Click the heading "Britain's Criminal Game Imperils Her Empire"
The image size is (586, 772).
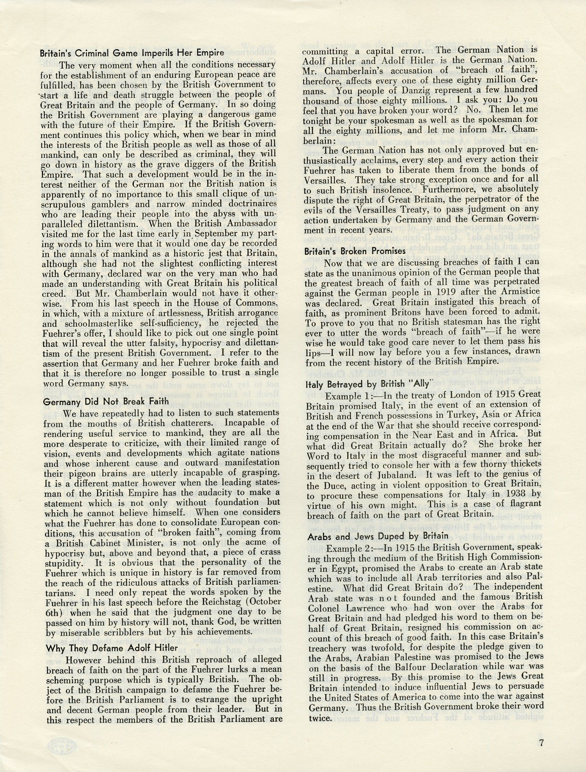coord(132,54)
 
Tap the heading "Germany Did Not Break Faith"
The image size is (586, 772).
coord(106,401)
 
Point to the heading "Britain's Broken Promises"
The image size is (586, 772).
coord(355,251)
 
